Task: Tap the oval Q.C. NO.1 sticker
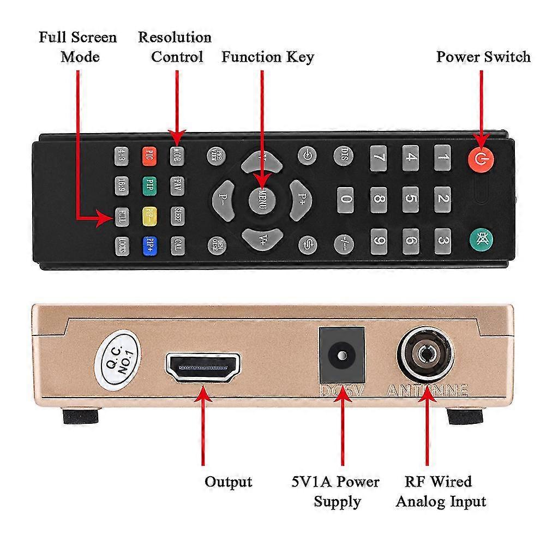[117, 358]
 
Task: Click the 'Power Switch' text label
[483, 57]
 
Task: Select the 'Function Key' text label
[267, 57]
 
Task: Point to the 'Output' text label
[228, 482]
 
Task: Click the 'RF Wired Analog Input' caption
[441, 491]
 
